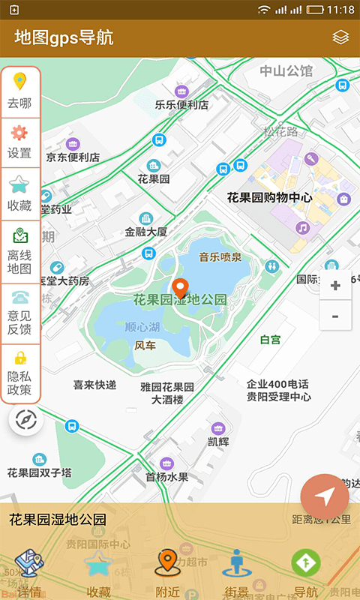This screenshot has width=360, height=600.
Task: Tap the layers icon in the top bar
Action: click(x=340, y=37)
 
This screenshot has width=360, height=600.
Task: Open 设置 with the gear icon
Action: click(x=19, y=142)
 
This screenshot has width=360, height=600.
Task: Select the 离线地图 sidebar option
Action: click(x=19, y=251)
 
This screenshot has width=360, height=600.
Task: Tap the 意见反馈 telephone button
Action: click(x=19, y=313)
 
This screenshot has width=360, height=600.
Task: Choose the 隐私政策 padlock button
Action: click(x=19, y=373)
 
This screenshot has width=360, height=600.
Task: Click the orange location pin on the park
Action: click(x=180, y=288)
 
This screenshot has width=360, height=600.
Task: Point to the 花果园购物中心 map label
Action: click(x=269, y=198)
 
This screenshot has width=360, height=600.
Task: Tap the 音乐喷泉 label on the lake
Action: click(x=220, y=257)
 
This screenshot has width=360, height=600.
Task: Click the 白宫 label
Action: click(x=270, y=340)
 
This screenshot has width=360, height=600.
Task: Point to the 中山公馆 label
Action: click(x=286, y=71)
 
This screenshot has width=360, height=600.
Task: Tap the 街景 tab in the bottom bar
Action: click(x=237, y=574)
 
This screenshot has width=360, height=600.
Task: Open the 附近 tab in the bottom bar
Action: click(x=167, y=574)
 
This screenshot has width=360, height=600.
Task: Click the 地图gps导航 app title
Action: click(x=64, y=37)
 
